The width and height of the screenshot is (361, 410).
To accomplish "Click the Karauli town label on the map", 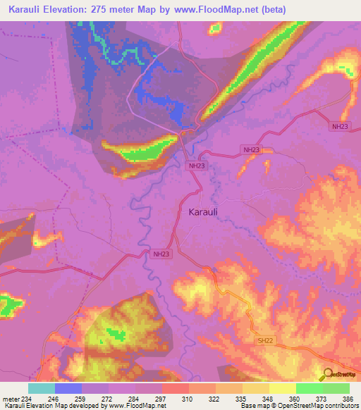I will (x=207, y=211).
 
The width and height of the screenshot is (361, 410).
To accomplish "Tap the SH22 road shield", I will (x=264, y=340).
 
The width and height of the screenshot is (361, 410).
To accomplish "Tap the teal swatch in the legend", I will (x=42, y=388).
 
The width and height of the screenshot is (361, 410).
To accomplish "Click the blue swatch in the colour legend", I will (x=68, y=388).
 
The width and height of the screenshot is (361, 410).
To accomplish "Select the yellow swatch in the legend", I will (x=283, y=388).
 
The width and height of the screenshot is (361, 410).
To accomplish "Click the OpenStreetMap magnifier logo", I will (x=329, y=374).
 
